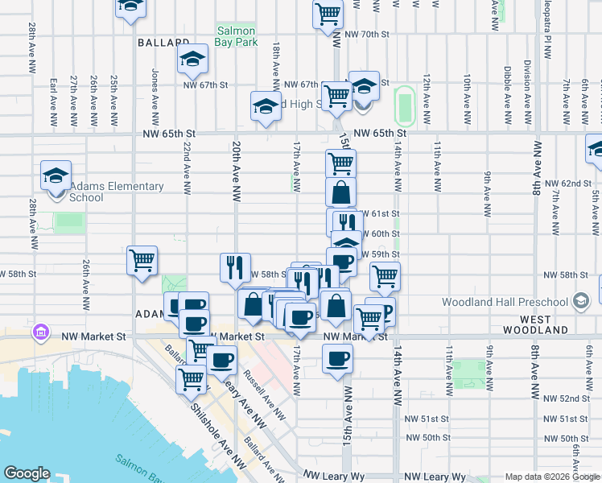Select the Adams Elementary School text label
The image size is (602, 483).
pyautogui.click(x=105, y=192)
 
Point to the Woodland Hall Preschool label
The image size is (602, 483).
pyautogui.click(x=505, y=302)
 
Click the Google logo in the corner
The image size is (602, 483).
pyautogui.click(x=27, y=473)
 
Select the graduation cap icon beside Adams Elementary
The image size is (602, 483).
pyautogui.click(x=56, y=175)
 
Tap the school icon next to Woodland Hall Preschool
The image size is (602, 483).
pyautogui.click(x=579, y=302)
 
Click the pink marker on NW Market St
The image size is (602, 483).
pyautogui.click(x=39, y=332)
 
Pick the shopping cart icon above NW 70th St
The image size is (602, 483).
pyautogui.click(x=328, y=12)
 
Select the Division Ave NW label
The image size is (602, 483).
pyautogui.click(x=527, y=89)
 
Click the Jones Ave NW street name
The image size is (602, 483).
pyautogui.click(x=154, y=89)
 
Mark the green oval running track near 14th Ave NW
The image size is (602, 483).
pyautogui.click(x=405, y=105)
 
